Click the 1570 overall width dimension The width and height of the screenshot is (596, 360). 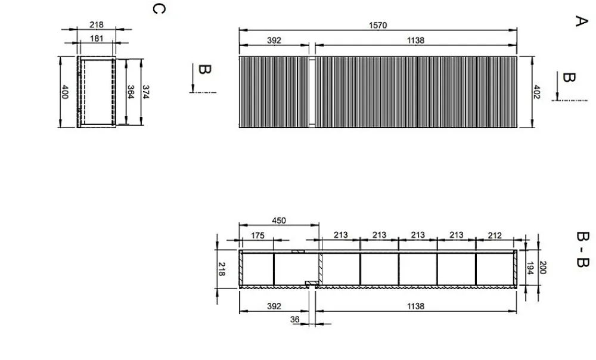click(378, 26)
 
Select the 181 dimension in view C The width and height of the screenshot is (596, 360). click(97, 38)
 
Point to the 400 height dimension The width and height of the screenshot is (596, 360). click(65, 92)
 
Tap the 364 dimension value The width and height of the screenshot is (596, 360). click(131, 92)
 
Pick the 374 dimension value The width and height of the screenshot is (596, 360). click(145, 92)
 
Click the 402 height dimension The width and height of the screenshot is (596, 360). click(536, 92)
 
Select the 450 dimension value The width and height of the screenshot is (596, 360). click(279, 221)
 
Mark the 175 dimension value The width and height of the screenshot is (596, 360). click(257, 235)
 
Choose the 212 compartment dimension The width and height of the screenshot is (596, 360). click(495, 235)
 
